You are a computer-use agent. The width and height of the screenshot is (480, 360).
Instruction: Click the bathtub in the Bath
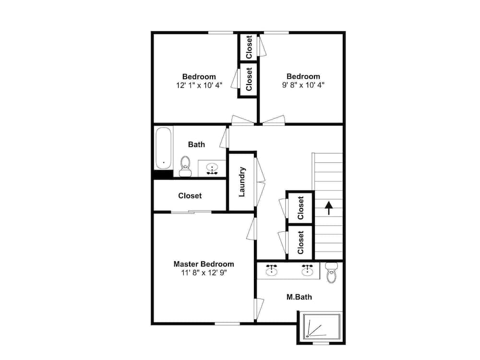coord(164,148)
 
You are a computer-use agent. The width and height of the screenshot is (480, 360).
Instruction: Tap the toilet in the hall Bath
coord(185,166)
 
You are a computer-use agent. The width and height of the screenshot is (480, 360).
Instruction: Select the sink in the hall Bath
coord(212,168)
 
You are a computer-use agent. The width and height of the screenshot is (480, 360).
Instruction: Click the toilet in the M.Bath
coord(332,273)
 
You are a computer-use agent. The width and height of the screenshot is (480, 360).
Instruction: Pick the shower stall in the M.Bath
coord(322,327)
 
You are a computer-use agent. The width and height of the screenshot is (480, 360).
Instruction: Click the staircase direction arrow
coord(329,208)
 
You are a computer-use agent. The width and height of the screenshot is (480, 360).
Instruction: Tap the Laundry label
coord(242,181)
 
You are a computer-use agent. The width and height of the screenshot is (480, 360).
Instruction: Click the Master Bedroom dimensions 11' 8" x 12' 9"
coord(204,273)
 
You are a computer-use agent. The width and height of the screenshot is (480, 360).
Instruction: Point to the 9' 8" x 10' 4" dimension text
coord(303,85)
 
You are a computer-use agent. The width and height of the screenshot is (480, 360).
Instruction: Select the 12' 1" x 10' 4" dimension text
coord(199,85)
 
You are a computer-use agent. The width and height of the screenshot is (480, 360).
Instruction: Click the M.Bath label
coord(299,297)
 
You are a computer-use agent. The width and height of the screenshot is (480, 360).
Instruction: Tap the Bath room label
coord(196,144)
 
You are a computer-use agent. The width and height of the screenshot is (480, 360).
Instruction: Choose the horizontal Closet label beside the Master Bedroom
coord(190,196)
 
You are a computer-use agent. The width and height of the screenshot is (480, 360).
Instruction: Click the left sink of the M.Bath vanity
coord(272,270)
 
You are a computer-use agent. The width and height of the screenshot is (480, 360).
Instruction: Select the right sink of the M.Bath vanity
coord(307,270)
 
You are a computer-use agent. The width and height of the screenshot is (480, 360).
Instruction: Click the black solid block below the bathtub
coord(163,175)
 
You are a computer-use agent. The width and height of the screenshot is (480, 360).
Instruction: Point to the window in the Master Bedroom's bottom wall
coord(227,324)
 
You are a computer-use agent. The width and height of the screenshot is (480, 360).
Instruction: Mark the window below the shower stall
coord(321,344)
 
